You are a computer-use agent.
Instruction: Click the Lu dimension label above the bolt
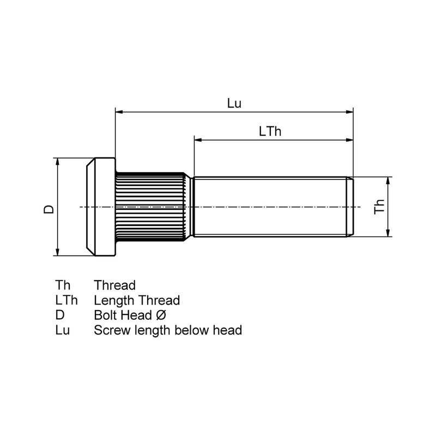coord(234,104)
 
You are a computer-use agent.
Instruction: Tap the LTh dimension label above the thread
coord(270,131)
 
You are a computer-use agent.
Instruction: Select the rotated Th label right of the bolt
coord(380,207)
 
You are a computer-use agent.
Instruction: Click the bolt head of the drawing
coord(102,207)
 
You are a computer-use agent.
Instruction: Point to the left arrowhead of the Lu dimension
coord(119,112)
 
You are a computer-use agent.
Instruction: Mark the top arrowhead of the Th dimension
coord(388,180)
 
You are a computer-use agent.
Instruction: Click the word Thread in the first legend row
coord(114,285)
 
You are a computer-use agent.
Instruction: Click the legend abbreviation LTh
coord(66,300)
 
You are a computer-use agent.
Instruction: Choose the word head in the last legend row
coord(229,330)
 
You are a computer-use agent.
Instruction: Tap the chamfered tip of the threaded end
coord(350,207)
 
